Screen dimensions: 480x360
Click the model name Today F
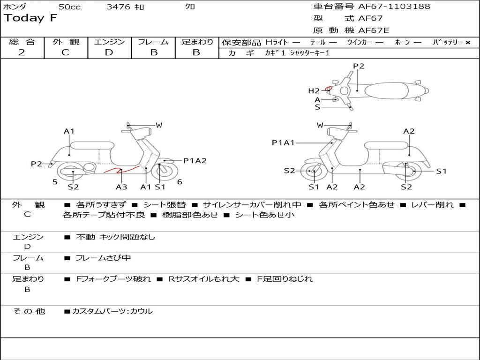point(30,18)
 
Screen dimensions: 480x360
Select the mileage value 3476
point(119,7)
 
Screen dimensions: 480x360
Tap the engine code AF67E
point(374,31)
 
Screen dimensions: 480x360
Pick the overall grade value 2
point(22,52)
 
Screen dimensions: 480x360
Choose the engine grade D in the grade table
point(109,52)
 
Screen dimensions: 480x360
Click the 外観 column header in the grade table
point(66,42)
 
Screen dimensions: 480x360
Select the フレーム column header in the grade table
point(153,42)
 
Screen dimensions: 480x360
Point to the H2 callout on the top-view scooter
point(314,91)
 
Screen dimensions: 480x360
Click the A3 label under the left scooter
point(121,187)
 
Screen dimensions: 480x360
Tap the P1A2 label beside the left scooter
point(195,161)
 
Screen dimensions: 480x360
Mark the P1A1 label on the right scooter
point(283,142)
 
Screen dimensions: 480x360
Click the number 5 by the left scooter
point(55,182)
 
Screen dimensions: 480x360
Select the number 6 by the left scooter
point(180,182)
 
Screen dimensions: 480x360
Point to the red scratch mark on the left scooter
point(120,170)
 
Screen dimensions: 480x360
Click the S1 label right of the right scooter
point(441,172)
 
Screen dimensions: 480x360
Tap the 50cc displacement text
point(69,7)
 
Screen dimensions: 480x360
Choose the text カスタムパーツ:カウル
point(112,311)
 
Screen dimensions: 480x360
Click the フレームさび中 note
point(103,258)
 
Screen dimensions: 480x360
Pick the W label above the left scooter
point(159,125)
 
